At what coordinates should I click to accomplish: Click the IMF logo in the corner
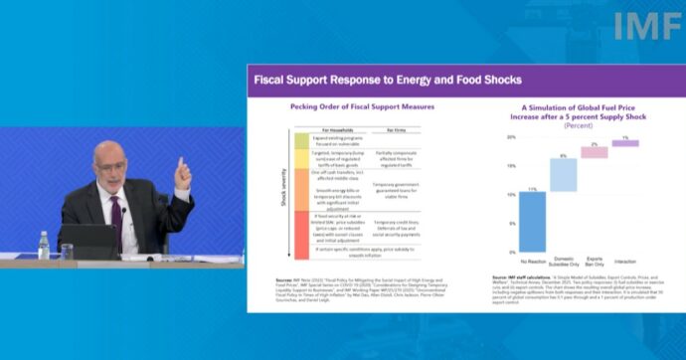coord(647,26)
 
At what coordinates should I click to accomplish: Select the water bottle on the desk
coord(44,245)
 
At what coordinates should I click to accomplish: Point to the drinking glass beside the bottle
coord(66,251)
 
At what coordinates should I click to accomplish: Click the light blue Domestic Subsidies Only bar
coord(563,174)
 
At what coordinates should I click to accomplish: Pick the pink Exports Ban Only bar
coord(594,152)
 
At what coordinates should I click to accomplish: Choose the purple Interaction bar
coord(624,143)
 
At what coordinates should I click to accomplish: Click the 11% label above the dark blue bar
coord(532,189)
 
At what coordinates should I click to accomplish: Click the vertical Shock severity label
coord(281,193)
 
